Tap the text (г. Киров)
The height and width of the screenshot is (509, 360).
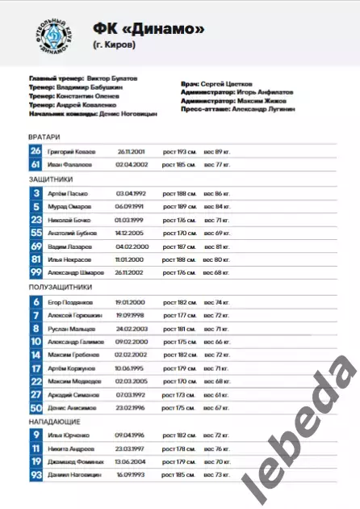point(114,45)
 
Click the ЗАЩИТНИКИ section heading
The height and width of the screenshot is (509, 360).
point(50,179)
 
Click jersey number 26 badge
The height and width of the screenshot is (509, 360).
point(36,151)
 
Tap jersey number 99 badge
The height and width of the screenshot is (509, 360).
point(36,272)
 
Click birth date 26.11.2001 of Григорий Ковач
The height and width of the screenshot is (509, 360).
point(131,151)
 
